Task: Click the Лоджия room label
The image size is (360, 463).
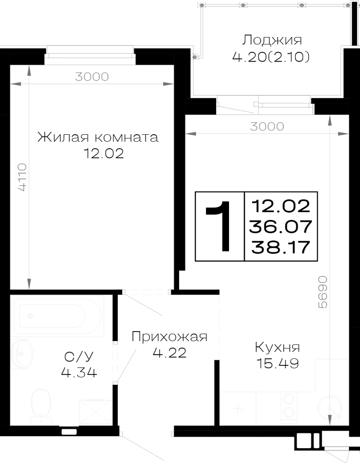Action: point(272,40)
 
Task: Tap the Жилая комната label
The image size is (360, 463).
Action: point(98,138)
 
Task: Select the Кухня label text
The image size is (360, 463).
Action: point(277,348)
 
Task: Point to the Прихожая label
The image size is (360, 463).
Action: point(169,337)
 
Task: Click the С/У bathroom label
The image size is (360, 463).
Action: point(79,357)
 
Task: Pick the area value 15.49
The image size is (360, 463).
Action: point(278,363)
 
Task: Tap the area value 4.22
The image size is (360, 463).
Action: point(169,352)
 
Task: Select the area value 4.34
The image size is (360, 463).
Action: point(79,373)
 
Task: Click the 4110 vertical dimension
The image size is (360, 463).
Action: point(22,177)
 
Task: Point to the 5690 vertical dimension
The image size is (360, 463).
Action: point(323,292)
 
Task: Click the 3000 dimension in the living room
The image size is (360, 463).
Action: point(92,77)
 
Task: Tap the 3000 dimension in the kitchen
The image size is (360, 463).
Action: point(267,126)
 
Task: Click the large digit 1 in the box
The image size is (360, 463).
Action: point(219,226)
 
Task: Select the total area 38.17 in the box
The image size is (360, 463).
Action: point(280,247)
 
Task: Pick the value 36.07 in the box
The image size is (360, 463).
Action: point(280,226)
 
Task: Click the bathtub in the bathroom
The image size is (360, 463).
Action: point(57,316)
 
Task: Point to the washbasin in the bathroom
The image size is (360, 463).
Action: point(21,353)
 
